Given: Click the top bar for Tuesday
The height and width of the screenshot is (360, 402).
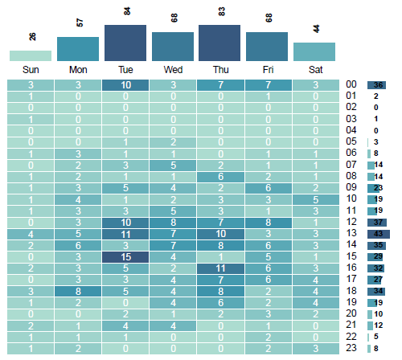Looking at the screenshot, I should pyautogui.click(x=125, y=43).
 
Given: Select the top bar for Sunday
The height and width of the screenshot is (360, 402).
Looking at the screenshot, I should pyautogui.click(x=31, y=55).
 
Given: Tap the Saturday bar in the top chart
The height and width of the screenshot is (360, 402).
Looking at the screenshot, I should pyautogui.click(x=314, y=51).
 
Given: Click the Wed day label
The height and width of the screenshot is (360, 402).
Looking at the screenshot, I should pyautogui.click(x=173, y=69).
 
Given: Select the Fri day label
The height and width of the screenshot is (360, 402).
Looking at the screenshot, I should pyautogui.click(x=267, y=69).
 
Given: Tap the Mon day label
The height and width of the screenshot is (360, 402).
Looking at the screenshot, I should pyautogui.click(x=78, y=69).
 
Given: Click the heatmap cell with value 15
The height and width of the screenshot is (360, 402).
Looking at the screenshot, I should pyautogui.click(x=125, y=257).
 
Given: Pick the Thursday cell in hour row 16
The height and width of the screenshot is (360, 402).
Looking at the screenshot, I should pyautogui.click(x=220, y=268).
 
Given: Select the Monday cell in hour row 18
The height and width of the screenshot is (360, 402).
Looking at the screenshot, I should pyautogui.click(x=78, y=291).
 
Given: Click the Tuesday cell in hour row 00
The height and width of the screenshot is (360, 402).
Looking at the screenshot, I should pyautogui.click(x=125, y=85).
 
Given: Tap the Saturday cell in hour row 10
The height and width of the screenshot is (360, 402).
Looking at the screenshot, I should pyautogui.click(x=314, y=198).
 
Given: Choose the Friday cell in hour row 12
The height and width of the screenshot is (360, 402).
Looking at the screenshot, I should pyautogui.click(x=267, y=222).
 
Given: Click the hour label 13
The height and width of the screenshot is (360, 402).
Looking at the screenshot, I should pyautogui.click(x=351, y=233).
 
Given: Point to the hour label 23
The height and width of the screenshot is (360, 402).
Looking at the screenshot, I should pyautogui.click(x=351, y=348).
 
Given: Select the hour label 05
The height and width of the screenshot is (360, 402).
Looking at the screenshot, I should pyautogui.click(x=351, y=141).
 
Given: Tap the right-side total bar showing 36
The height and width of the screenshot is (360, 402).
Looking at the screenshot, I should pyautogui.click(x=377, y=84).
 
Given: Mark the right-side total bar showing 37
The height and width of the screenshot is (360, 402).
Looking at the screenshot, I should pyautogui.click(x=377, y=222).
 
